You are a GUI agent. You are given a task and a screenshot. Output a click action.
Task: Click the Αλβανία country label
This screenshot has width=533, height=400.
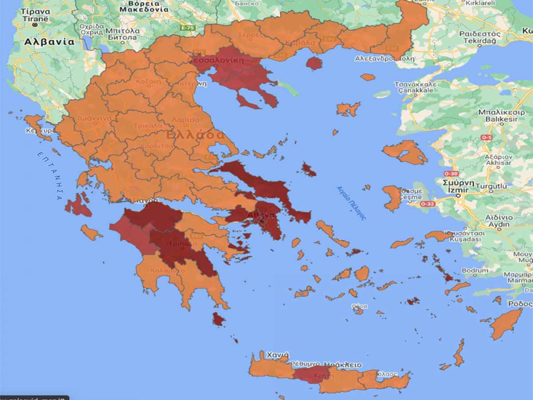pyautogui.click(x=49, y=42)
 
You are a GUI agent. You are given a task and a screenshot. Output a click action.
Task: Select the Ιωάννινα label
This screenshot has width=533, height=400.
pyautogui.click(x=94, y=119)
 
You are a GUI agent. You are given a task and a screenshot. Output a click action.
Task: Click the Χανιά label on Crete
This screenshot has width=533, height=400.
pyautogui.click(x=277, y=355)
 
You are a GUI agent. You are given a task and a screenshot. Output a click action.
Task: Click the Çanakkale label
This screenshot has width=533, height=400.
pyautogui.click(x=415, y=90)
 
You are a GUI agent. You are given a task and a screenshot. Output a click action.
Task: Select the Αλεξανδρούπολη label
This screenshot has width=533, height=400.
pyautogui.click(x=385, y=58)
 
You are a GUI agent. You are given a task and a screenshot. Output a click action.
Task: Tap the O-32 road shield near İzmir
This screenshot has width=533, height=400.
pyautogui.click(x=427, y=204)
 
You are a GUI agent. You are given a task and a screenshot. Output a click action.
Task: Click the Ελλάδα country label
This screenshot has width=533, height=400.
pyautogui.click(x=195, y=135)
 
